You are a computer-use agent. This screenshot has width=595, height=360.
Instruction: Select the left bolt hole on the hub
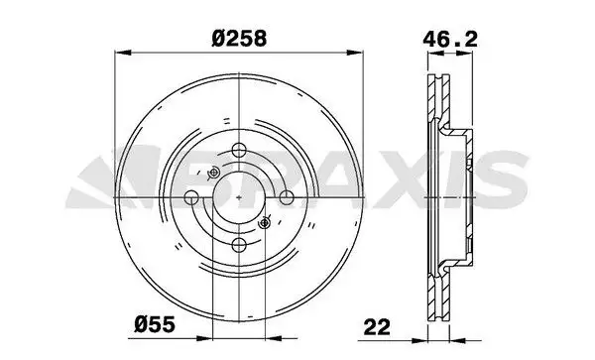[x=193, y=198]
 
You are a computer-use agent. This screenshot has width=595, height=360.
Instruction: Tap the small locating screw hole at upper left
[x=216, y=174]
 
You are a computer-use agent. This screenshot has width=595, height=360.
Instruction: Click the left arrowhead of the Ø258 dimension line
[x=120, y=55]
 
